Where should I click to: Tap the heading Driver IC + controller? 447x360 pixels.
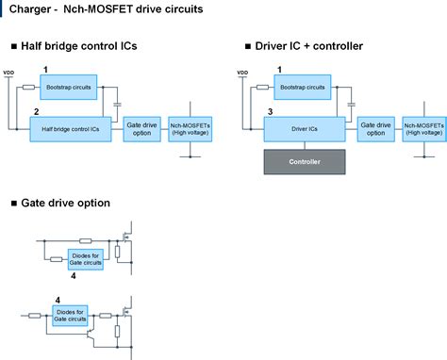309,46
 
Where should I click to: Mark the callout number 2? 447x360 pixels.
35,111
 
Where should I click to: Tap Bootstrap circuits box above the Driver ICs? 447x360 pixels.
302,87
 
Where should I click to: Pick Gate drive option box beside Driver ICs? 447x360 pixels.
375,128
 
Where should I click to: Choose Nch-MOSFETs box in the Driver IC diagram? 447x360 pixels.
422,128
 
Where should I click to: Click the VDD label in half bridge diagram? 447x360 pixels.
9,73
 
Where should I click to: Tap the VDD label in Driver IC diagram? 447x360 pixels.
242,73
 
